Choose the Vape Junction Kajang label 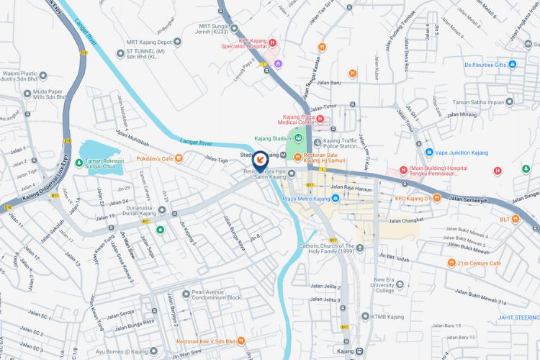point(461,153)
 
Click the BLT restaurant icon point(515,219)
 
